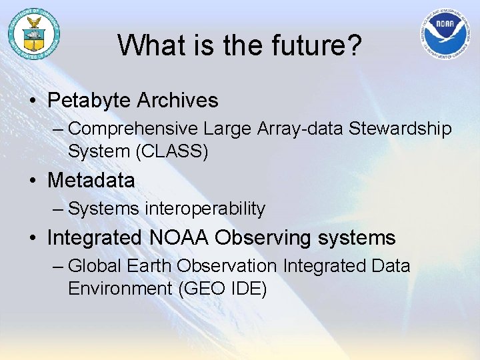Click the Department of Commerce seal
tap(33, 33)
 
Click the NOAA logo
tap(445, 34)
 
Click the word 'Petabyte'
tap(89, 101)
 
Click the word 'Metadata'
tap(91, 180)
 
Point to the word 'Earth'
tap(151, 266)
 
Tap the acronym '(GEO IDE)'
tap(220, 289)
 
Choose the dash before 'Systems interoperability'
tap(57, 209)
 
